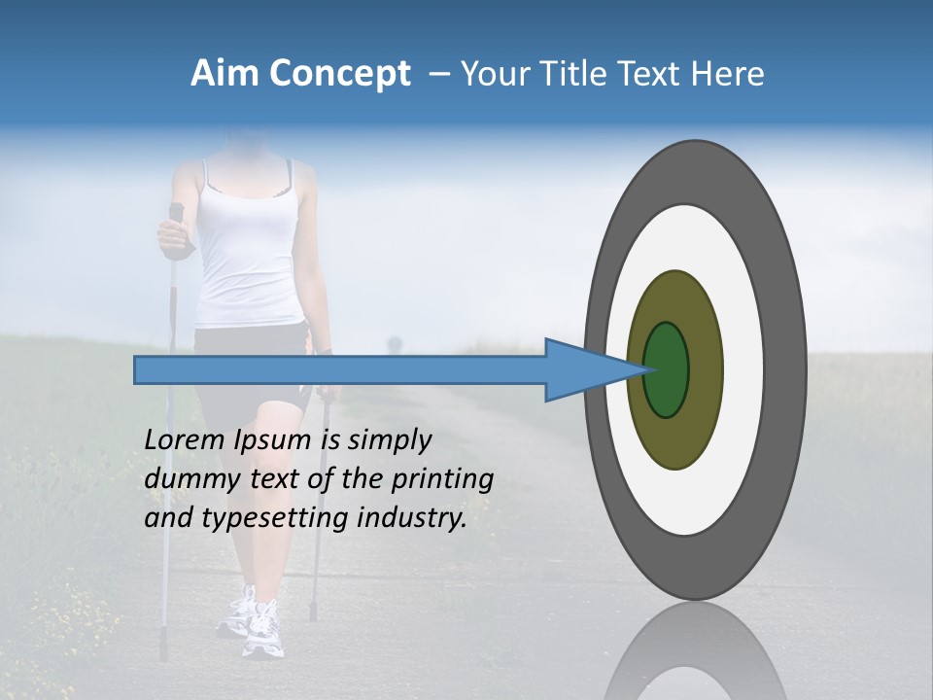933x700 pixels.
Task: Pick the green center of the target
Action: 667,369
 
